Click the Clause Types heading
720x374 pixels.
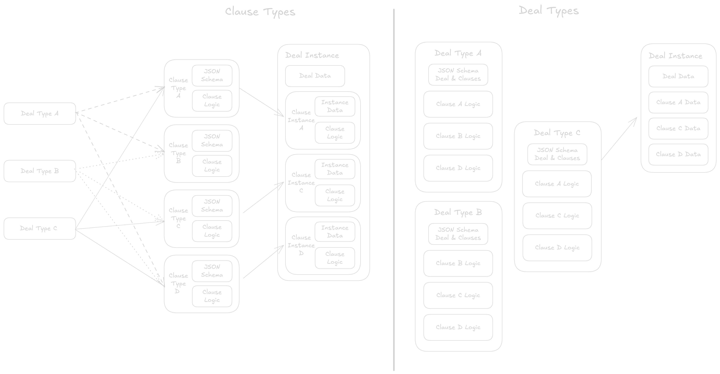pyautogui.click(x=260, y=12)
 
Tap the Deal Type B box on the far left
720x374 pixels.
pyautogui.click(x=40, y=171)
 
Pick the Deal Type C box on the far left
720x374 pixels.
pyautogui.click(x=40, y=229)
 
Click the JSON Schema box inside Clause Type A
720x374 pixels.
pyautogui.click(x=212, y=75)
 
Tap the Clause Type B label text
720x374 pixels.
pyautogui.click(x=178, y=153)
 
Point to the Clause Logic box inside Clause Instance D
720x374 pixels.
pyautogui.click(x=335, y=258)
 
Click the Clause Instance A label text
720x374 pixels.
pyautogui.click(x=301, y=120)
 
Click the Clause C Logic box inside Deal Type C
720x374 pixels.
pyautogui.click(x=557, y=216)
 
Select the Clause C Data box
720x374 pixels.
pyautogui.click(x=678, y=128)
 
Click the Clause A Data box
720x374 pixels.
pyautogui.click(x=678, y=102)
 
